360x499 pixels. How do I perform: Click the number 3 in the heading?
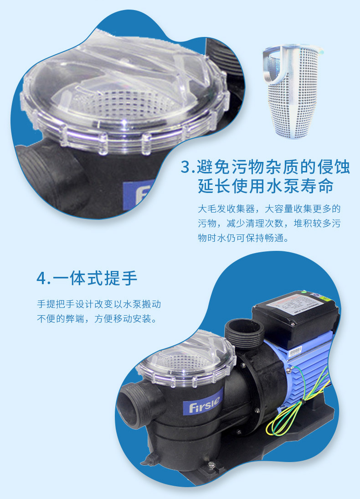[x=185, y=167]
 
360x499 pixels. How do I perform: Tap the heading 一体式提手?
[x=95, y=278]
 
